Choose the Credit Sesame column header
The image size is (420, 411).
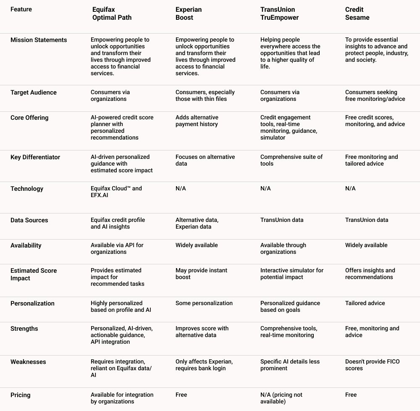click(x=357, y=13)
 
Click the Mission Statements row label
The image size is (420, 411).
click(x=39, y=40)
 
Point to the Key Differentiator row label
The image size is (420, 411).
click(x=35, y=157)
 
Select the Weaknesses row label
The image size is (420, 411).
click(x=28, y=362)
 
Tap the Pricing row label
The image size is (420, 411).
click(x=21, y=395)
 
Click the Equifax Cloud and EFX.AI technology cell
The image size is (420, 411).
click(x=116, y=192)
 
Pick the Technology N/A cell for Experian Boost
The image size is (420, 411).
click(x=181, y=189)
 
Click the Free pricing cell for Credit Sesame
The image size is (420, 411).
click(x=351, y=395)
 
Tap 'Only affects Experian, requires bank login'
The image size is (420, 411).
click(x=204, y=365)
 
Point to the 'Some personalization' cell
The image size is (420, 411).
click(x=204, y=303)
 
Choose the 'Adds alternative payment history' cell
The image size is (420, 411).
click(x=197, y=121)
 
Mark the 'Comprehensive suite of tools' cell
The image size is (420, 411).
click(x=291, y=160)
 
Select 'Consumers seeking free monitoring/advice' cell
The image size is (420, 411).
click(x=375, y=95)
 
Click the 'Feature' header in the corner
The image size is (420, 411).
click(x=21, y=9)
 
